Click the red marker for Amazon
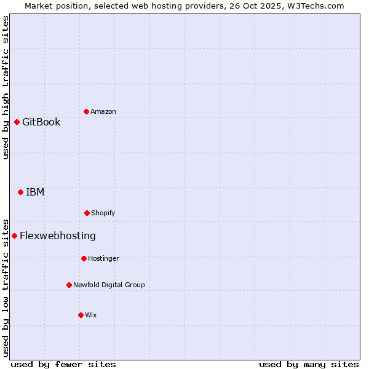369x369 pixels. click(86, 111)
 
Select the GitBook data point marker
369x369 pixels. click(17, 122)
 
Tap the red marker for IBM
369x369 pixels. click(20, 192)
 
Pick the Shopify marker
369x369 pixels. click(87, 213)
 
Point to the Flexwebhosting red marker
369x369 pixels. click(14, 236)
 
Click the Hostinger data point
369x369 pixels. click(84, 258)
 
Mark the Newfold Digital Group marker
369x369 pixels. click(69, 285)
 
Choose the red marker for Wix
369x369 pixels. click(81, 315)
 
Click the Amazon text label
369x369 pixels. click(103, 111)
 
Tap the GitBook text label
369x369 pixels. click(41, 122)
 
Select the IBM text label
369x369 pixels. click(35, 192)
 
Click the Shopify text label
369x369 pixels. click(103, 213)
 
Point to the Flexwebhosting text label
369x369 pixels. click(58, 236)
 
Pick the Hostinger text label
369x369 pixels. click(103, 258)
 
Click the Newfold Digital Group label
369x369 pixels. click(109, 285)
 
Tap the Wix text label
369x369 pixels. click(91, 315)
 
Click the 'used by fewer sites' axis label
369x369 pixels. click(63, 364)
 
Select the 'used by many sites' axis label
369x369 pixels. click(309, 364)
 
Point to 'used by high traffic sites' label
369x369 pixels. click(6, 87)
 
